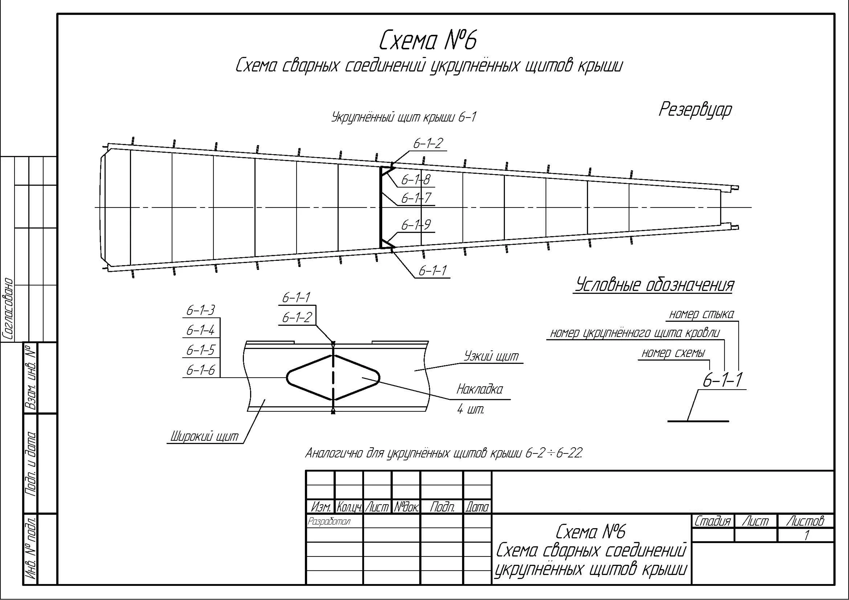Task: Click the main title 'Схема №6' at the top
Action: point(428,41)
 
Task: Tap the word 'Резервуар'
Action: point(695,110)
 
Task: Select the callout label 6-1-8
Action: point(416,180)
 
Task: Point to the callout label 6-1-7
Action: point(416,198)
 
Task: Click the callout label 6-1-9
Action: point(416,225)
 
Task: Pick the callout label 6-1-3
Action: point(200,311)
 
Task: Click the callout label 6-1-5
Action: point(200,350)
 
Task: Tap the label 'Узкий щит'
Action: point(491,356)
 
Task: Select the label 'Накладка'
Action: point(479,389)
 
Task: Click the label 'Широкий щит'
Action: point(204,437)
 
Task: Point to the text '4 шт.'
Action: point(470,409)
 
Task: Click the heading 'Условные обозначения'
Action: point(654,285)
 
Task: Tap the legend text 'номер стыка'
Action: point(702,314)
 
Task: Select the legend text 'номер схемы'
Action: point(673,353)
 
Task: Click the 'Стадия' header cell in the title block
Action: point(712,521)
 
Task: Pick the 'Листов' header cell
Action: point(805,521)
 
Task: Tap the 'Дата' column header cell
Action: point(477,507)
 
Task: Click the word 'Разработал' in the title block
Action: point(329,521)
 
